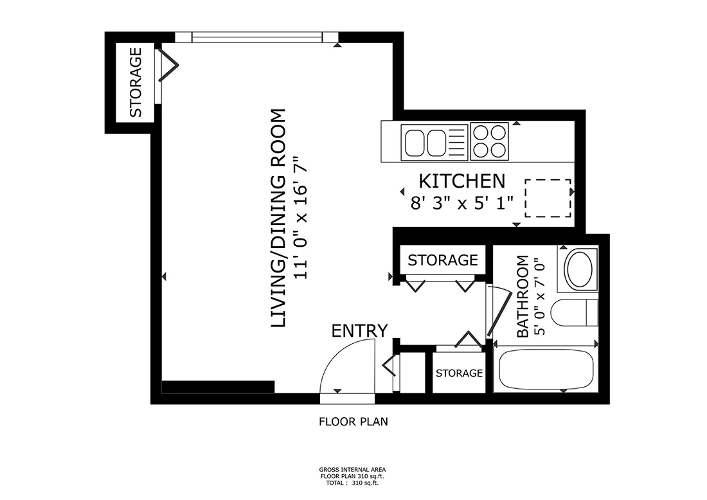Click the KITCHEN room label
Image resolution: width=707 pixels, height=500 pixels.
[462, 181]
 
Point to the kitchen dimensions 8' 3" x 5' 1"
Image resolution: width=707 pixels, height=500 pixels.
[462, 203]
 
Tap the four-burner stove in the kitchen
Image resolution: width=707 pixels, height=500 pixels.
[489, 141]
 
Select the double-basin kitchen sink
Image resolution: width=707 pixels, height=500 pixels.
[425, 142]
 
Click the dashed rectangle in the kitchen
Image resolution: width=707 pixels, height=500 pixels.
[548, 198]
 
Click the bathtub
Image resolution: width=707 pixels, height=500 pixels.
[546, 370]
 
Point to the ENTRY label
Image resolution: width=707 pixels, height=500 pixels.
[359, 331]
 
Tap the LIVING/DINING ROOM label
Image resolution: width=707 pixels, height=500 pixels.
[278, 219]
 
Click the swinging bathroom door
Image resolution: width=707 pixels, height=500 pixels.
[493, 312]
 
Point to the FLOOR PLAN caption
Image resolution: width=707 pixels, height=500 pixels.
[353, 422]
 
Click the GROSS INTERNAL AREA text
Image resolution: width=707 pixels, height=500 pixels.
[352, 470]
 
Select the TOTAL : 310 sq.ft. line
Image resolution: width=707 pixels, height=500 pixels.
[352, 482]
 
